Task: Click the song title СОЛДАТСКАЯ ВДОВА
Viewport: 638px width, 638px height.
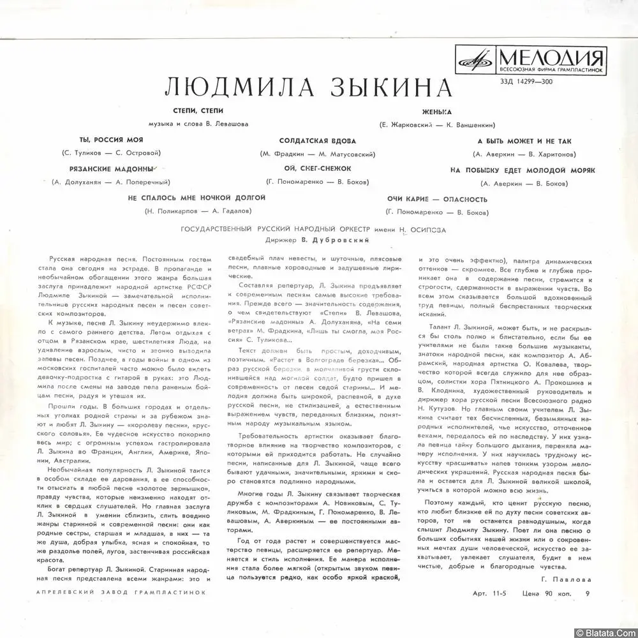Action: coord(317,140)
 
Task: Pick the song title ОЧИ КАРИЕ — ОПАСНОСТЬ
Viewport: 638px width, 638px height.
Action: coord(437,198)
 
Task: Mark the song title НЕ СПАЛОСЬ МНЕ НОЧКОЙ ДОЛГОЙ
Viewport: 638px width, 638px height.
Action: coord(197,198)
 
